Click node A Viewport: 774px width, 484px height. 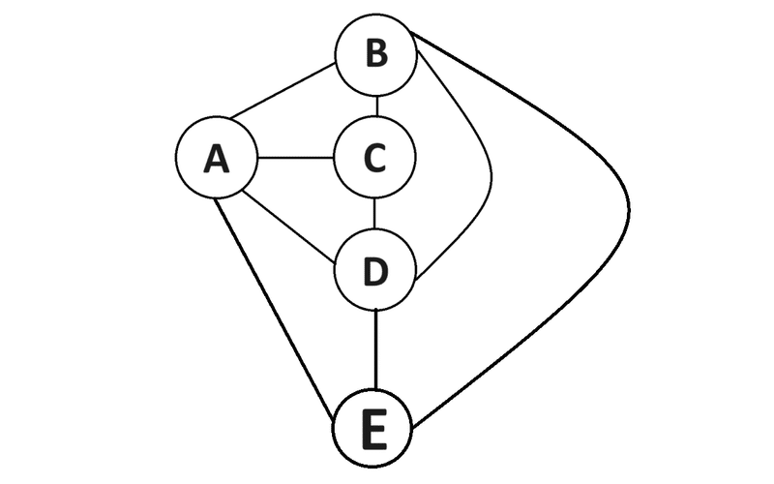(217, 159)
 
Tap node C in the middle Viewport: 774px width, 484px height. (374, 158)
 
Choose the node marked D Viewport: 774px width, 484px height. (374, 270)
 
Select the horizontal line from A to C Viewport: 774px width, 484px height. (295, 158)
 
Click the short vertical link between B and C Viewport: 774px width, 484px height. (376, 106)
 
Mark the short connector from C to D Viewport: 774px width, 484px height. (375, 214)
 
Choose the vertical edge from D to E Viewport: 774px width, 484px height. (374, 348)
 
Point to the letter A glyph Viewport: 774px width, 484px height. (217, 159)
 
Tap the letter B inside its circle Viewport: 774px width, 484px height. (376, 55)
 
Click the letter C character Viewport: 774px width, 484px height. (375, 158)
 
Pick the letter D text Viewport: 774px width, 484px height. (375, 271)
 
